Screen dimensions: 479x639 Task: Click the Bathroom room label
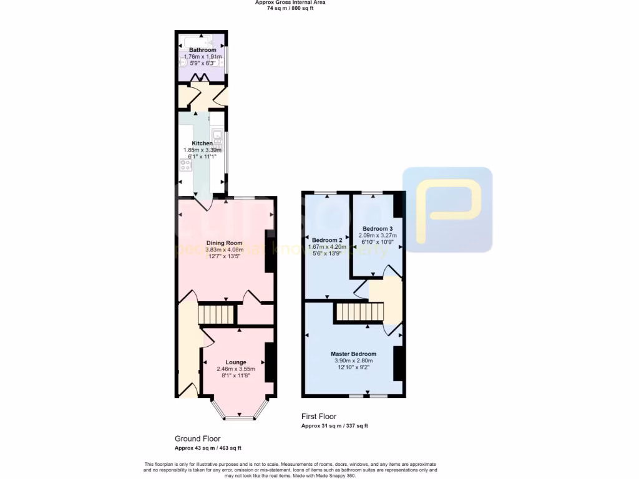[x=203, y=50]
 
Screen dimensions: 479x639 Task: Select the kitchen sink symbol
[x=218, y=135]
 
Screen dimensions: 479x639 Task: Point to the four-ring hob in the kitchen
[x=185, y=165]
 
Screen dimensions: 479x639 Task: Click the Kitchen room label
[x=202, y=143]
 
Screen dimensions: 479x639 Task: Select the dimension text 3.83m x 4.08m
[x=224, y=250]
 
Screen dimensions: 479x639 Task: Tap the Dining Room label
[x=224, y=243]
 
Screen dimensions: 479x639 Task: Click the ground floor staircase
[x=216, y=314]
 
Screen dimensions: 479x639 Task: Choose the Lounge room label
[x=236, y=362]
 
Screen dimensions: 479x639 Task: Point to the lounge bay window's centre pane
[x=240, y=417]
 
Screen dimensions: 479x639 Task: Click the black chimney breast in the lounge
[x=270, y=362]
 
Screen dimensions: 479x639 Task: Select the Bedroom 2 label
[x=327, y=240]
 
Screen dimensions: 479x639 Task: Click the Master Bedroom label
[x=353, y=354]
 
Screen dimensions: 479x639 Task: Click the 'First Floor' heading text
[x=318, y=416]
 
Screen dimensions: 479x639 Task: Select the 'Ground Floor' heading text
[x=197, y=438]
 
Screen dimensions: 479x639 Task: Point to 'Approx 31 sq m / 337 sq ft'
[x=334, y=426]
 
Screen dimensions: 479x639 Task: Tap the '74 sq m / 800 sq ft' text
[x=290, y=9]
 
